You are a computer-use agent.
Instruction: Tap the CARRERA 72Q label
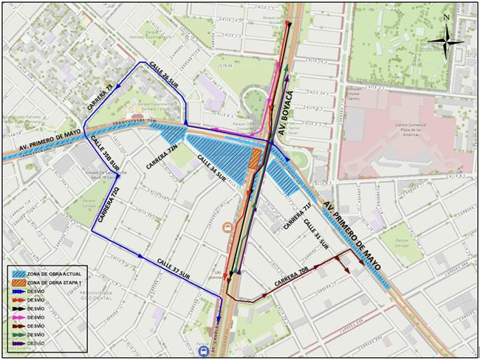[x=106, y=207]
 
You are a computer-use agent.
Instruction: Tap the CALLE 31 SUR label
[x=316, y=233]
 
